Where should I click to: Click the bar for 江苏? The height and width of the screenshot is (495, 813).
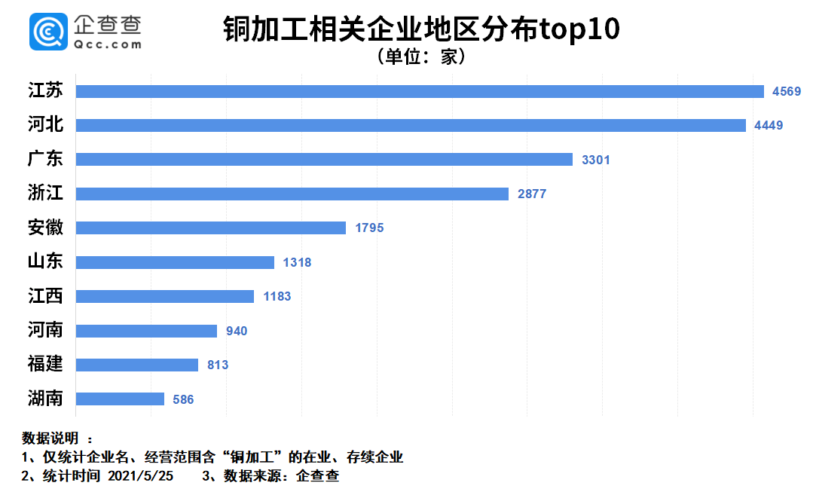[420, 91]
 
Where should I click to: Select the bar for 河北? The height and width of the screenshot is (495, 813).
[411, 125]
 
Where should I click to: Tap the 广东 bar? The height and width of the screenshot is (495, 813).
[324, 160]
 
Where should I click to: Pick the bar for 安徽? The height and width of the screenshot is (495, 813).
[211, 228]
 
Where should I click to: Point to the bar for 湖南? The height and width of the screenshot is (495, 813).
[120, 399]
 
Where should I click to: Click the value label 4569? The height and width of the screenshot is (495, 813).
[787, 91]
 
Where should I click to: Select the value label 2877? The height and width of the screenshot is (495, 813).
[532, 194]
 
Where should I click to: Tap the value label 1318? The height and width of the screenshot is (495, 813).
[297, 262]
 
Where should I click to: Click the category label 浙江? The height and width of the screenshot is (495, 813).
[45, 194]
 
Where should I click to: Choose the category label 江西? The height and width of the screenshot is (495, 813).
[45, 296]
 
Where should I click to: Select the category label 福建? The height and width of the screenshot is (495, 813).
[45, 365]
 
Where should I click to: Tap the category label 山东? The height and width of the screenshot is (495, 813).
[45, 262]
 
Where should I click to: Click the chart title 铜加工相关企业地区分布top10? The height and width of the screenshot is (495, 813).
[421, 30]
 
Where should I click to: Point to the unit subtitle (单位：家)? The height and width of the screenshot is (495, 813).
[421, 57]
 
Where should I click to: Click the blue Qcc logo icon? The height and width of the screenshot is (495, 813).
[48, 32]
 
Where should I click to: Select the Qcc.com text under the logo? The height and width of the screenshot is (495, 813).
[108, 44]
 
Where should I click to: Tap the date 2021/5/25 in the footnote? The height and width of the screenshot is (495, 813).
[141, 476]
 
